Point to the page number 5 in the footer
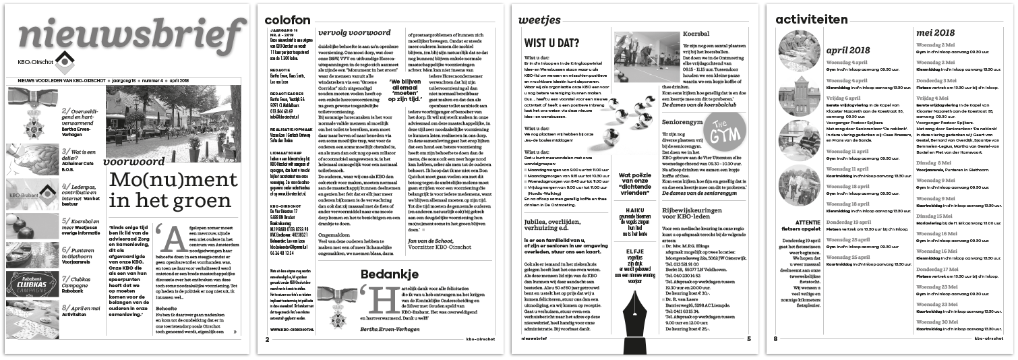point(748,338)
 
